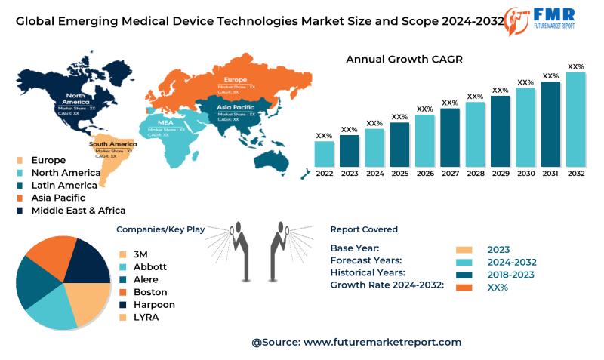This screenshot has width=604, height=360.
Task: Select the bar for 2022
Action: pyautogui.click(x=324, y=153)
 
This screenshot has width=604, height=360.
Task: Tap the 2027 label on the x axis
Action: pyautogui.click(x=450, y=173)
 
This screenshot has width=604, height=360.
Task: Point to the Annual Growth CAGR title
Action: pyautogui.click(x=404, y=59)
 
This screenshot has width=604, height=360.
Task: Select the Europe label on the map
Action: pyautogui.click(x=236, y=79)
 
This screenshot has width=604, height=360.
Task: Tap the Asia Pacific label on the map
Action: pyautogui.click(x=235, y=107)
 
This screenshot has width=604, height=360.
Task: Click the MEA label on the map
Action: pyautogui.click(x=165, y=122)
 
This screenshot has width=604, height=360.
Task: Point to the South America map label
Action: pyautogui.click(x=112, y=143)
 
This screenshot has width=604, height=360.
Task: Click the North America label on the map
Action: pyautogui.click(x=76, y=99)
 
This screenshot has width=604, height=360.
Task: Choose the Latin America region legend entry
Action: pyautogui.click(x=64, y=185)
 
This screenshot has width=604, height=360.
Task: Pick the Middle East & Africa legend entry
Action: pyautogui.click(x=78, y=210)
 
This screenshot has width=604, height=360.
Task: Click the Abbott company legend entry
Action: pyautogui.click(x=149, y=266)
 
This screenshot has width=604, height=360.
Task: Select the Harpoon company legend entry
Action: pyautogui.click(x=154, y=304)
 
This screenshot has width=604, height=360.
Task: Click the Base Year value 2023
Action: pyautogui.click(x=498, y=250)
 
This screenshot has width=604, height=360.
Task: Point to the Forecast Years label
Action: pyautogui.click(x=368, y=260)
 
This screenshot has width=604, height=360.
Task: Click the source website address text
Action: pyautogui.click(x=382, y=342)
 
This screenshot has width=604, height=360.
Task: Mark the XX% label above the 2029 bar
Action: pyautogui.click(x=500, y=91)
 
